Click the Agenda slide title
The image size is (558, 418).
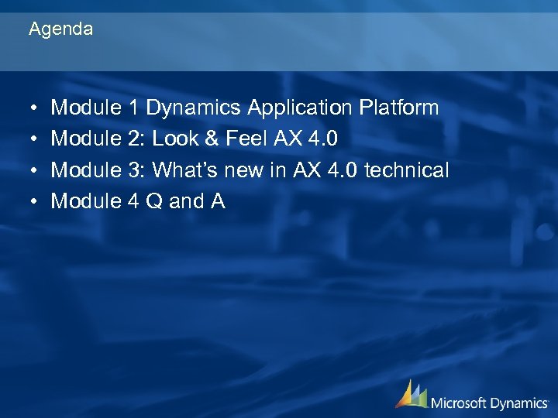[x=60, y=29]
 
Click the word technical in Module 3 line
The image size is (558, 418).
[x=406, y=170]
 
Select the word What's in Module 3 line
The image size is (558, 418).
[x=188, y=170]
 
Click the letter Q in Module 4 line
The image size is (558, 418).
[x=154, y=202]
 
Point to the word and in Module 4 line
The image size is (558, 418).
[x=186, y=202]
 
